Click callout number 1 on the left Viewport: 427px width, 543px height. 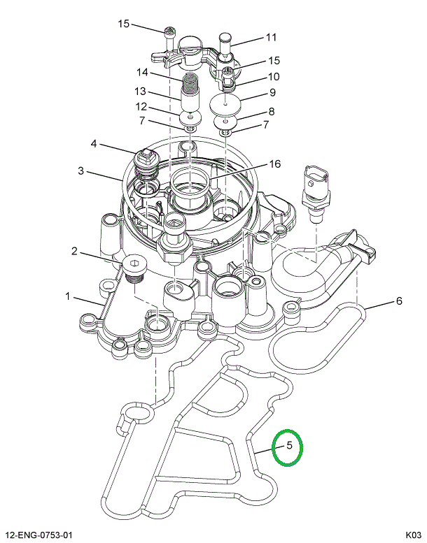[x=69, y=297]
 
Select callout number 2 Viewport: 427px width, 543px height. [x=73, y=250]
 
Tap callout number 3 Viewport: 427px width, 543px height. [x=81, y=171]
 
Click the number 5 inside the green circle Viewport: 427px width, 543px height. [x=287, y=446]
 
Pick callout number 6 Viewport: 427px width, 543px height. [x=399, y=301]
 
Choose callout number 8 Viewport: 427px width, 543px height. [x=271, y=111]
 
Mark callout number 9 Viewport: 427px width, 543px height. [x=272, y=93]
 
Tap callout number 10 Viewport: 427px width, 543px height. [x=274, y=76]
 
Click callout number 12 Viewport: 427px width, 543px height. [x=141, y=107]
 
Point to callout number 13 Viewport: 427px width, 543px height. [x=141, y=92]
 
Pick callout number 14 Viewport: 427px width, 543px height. [x=142, y=72]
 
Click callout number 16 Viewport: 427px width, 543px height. [x=274, y=164]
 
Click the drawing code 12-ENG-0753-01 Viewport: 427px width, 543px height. [x=38, y=535]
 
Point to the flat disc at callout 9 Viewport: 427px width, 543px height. [x=226, y=106]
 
